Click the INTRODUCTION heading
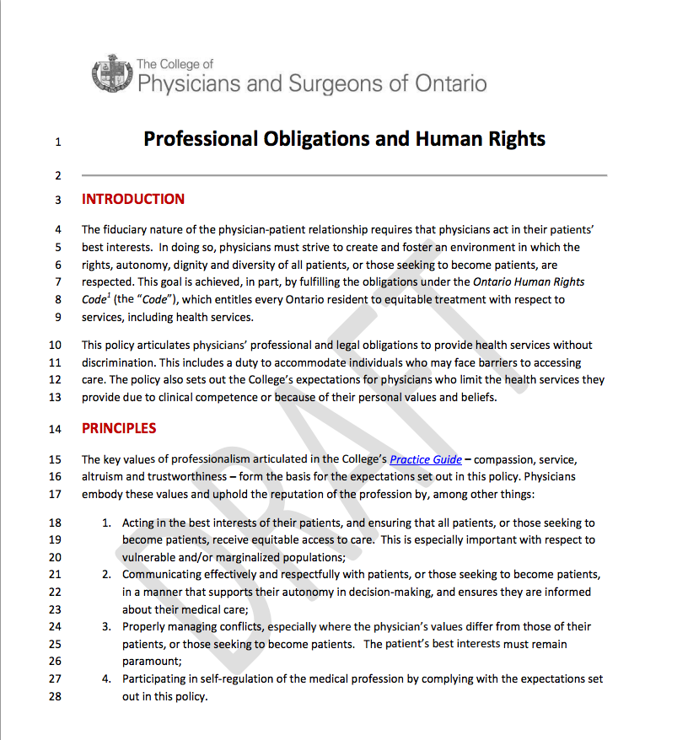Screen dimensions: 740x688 (x=133, y=200)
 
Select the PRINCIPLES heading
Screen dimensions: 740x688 (x=119, y=428)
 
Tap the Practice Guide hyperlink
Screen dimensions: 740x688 (x=426, y=459)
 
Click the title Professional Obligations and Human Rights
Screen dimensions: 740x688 (x=344, y=138)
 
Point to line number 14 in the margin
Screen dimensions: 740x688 (x=55, y=429)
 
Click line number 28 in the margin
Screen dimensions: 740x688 (x=55, y=697)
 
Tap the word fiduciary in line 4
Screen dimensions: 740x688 (x=126, y=229)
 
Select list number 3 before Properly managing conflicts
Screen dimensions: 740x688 (x=107, y=626)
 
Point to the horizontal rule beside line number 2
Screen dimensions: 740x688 (x=344, y=175)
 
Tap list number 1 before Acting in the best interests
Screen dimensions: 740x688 (x=107, y=523)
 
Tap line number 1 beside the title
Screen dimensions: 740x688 (x=57, y=142)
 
